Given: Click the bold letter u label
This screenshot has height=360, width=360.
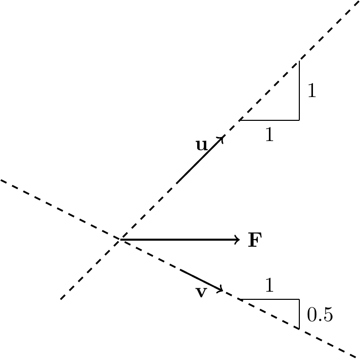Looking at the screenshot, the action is point(202,145).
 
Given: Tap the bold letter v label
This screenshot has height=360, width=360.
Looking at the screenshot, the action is point(201,292).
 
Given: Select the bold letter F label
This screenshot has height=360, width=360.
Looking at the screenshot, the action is point(255,240).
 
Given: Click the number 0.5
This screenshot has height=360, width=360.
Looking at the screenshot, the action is point(320,314).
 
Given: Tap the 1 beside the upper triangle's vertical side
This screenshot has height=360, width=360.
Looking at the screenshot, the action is point(312,91).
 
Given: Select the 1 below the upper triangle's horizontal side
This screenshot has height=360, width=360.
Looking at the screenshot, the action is point(269,134).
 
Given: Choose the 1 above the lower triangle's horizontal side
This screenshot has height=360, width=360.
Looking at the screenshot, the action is point(269,285).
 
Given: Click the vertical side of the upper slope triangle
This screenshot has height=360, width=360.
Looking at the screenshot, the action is point(299,90).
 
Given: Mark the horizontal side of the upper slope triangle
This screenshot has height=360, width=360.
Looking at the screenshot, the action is point(269,120).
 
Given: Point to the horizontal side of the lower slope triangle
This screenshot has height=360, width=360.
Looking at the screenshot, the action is point(269,299).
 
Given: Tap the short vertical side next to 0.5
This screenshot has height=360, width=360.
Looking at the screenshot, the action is point(299,314).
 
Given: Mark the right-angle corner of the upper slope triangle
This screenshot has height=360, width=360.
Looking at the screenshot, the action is point(299,120).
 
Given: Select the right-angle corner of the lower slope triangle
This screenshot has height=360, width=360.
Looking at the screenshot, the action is point(299,299).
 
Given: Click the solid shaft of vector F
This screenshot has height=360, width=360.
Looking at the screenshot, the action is point(180,240).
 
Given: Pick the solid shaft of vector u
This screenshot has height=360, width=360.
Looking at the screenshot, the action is point(200,160).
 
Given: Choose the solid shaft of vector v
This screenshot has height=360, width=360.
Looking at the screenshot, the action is point(201,280).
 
